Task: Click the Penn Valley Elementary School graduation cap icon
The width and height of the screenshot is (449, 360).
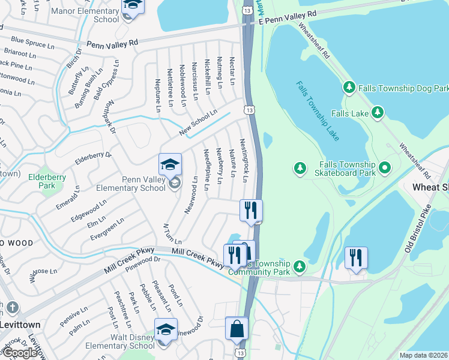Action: click(170, 164)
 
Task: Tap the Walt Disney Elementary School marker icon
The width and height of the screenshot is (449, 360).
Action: click(166, 329)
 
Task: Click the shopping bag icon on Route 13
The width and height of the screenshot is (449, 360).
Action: click(237, 328)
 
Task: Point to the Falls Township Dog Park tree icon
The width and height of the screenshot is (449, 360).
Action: click(349, 88)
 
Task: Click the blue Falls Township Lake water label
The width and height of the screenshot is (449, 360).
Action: click(318, 111)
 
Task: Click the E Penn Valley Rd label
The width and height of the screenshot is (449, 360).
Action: click(287, 17)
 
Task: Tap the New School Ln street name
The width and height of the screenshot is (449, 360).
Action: click(198, 122)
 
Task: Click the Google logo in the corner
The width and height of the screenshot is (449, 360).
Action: click(21, 353)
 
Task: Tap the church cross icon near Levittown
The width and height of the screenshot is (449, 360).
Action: click(11, 308)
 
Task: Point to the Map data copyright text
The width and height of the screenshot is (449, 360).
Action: click(424, 355)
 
